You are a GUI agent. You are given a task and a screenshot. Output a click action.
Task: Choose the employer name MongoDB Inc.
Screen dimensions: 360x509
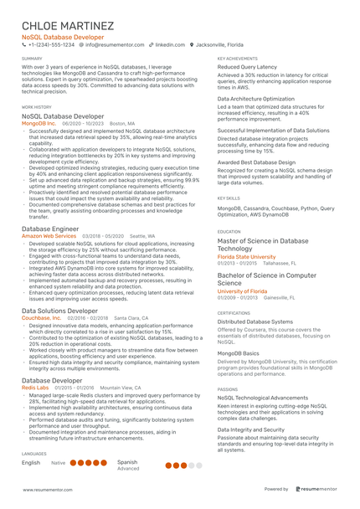pos(39,123)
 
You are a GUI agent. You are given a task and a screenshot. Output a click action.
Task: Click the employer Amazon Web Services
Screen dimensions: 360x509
pos(49,237)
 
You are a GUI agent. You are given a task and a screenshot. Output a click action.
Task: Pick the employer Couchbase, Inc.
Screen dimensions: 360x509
pos(43,318)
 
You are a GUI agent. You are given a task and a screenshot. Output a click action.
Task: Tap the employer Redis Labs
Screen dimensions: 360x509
pos(35,388)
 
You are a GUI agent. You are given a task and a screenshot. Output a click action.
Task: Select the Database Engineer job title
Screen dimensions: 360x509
pos(51,229)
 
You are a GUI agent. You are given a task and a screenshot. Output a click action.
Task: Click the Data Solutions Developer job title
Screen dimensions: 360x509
pos(59,311)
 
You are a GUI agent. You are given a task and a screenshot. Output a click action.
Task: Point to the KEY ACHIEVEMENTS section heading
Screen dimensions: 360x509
pos(237,59)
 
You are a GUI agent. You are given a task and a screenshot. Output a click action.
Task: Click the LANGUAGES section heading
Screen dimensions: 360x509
pos(34,453)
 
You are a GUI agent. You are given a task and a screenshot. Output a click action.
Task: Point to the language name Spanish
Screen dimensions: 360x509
pos(127,461)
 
